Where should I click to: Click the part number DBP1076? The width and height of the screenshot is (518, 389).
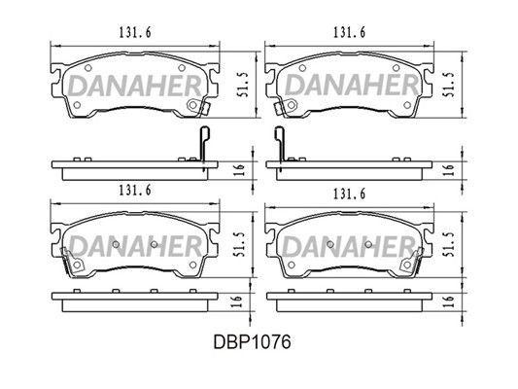tap(252, 341)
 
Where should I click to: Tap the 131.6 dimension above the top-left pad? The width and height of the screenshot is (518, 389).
tap(135, 32)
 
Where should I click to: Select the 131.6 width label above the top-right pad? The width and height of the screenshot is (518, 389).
tap(350, 32)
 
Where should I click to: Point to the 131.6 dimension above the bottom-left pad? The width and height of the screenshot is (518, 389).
tap(135, 190)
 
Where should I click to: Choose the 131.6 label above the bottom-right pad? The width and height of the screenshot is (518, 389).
tap(350, 194)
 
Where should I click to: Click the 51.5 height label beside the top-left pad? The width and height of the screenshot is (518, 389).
tap(244, 85)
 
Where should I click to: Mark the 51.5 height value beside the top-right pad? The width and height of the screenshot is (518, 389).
tap(450, 85)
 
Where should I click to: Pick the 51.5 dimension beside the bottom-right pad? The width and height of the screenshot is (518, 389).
tap(450, 244)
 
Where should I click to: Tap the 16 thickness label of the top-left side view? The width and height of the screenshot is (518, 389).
tap(241, 169)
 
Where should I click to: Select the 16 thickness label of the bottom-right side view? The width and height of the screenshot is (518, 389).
tap(449, 301)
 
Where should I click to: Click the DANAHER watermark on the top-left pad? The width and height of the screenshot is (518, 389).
tap(135, 86)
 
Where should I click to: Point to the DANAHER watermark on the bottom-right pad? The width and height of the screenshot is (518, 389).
tap(349, 247)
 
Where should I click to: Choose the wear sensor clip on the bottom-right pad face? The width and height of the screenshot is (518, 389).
tap(411, 262)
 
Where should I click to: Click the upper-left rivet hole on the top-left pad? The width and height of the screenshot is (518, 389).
tap(87, 68)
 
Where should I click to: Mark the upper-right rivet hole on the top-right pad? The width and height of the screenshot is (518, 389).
tap(397, 68)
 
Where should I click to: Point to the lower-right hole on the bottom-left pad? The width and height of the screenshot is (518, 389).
tap(193, 265)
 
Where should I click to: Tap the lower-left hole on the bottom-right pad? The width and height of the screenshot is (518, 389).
tap(292, 265)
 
